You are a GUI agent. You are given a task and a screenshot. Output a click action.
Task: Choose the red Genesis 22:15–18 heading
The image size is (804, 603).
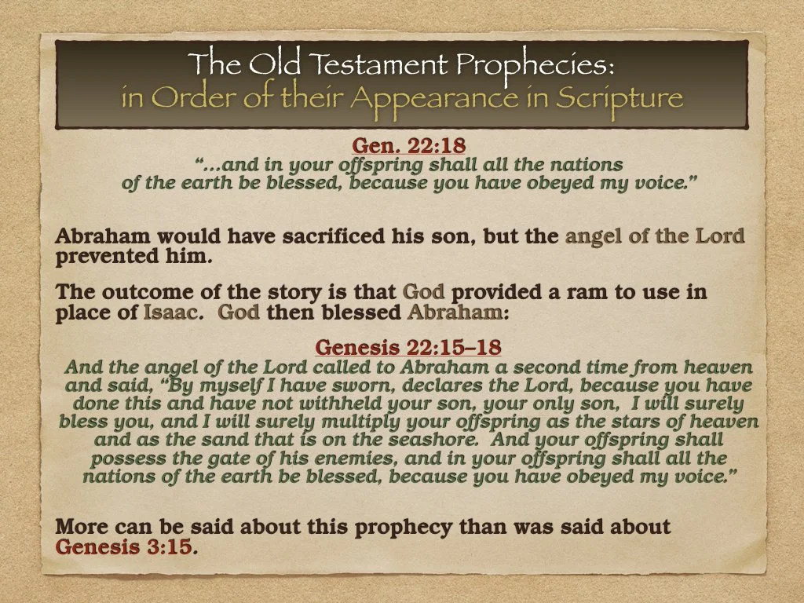pos(407,347)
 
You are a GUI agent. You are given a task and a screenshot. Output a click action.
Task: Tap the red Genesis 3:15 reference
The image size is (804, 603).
pos(123,546)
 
